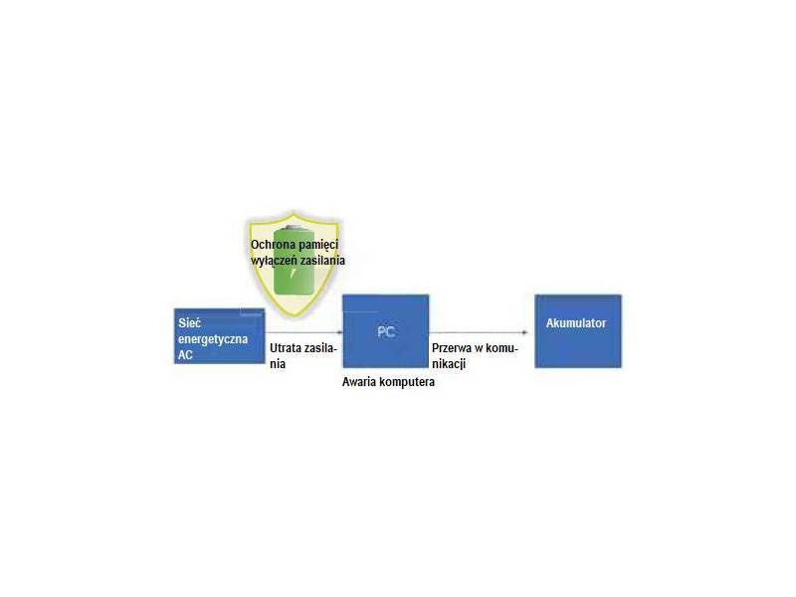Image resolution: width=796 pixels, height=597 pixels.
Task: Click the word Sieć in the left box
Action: (189, 322)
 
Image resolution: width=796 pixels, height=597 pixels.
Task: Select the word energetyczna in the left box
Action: (213, 339)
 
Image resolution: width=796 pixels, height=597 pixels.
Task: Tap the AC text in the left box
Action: (185, 355)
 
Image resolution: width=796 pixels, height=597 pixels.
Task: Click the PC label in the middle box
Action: (386, 332)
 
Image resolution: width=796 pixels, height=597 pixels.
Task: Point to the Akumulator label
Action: (576, 322)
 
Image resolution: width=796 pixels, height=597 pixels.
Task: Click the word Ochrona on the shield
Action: (273, 245)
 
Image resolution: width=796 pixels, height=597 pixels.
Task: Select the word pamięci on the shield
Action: (318, 245)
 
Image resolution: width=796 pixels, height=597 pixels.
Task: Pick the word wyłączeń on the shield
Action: (272, 261)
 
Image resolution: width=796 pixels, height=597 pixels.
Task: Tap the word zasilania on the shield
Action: (320, 261)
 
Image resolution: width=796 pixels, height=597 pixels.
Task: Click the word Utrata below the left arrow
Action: (286, 348)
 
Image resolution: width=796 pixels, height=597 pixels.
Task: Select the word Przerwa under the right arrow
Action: (452, 348)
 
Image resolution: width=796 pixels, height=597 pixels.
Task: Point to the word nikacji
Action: (449, 364)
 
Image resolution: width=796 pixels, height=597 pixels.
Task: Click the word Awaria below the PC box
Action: (358, 382)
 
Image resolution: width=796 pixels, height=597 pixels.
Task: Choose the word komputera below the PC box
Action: (406, 382)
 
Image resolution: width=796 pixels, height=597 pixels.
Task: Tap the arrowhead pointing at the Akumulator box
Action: (525, 332)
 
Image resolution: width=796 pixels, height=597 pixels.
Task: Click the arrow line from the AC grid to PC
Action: (303, 333)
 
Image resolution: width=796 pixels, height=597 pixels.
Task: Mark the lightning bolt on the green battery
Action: (293, 273)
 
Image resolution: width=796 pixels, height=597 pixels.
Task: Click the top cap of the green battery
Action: (294, 227)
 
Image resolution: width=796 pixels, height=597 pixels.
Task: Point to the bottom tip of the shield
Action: (295, 316)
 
